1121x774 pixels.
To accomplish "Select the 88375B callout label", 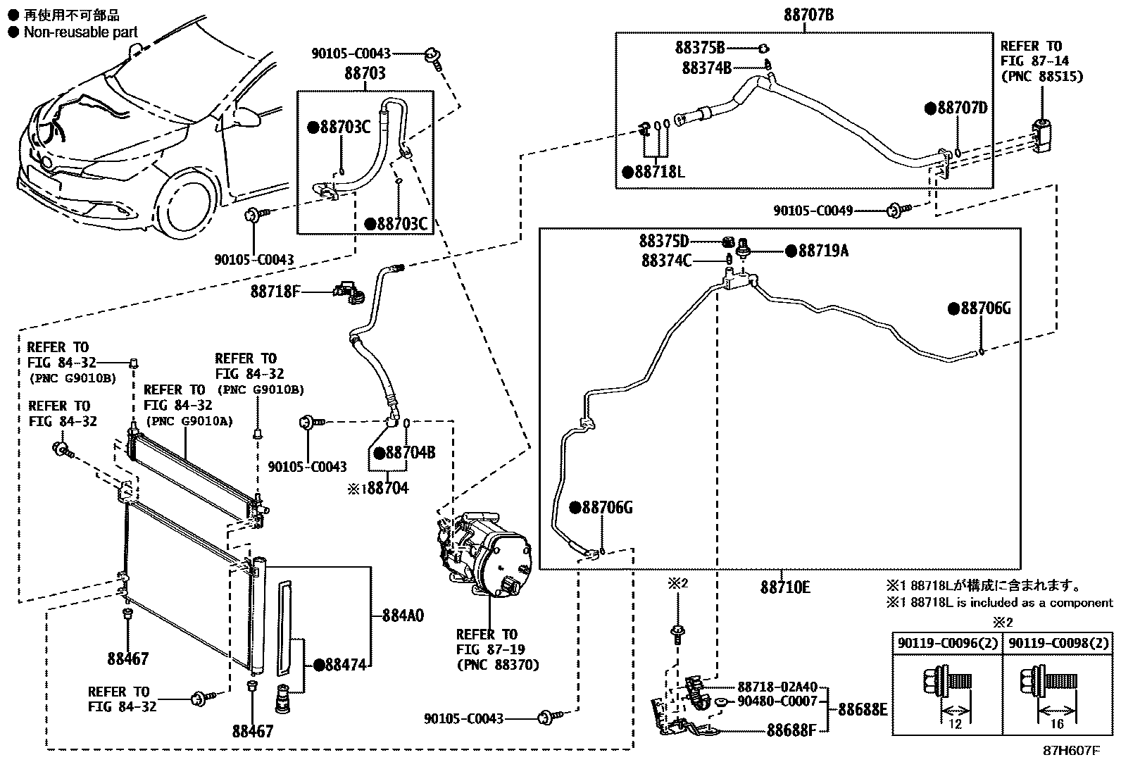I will click(699, 48).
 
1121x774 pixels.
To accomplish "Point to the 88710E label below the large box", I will click(785, 586).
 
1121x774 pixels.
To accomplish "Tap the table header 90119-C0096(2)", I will click(947, 643).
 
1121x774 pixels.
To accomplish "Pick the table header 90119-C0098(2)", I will click(1058, 643).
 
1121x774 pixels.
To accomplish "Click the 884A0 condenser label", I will click(403, 616).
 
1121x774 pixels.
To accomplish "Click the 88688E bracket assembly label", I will click(863, 709).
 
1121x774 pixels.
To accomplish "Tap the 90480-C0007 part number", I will click(777, 701).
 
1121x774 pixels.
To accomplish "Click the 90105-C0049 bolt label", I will click(813, 210).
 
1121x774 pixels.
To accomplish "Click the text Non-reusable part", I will click(80, 32).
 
